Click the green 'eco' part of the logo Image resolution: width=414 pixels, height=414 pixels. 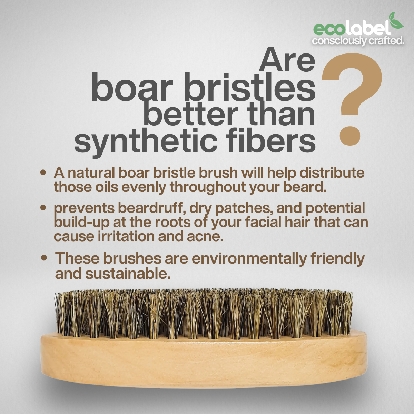pos(329,30)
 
